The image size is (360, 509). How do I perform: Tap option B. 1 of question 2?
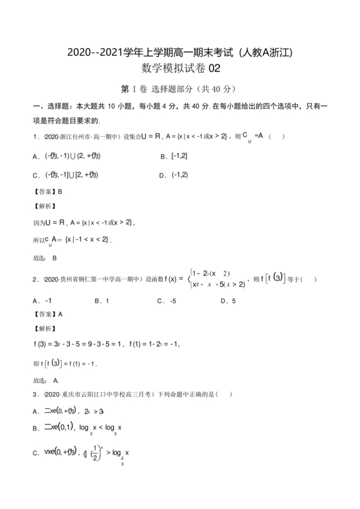(x=102, y=300)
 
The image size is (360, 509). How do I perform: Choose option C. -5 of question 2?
(x=166, y=300)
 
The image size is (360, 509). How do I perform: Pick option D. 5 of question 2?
(x=228, y=300)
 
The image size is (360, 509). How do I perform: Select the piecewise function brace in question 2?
(x=190, y=279)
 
